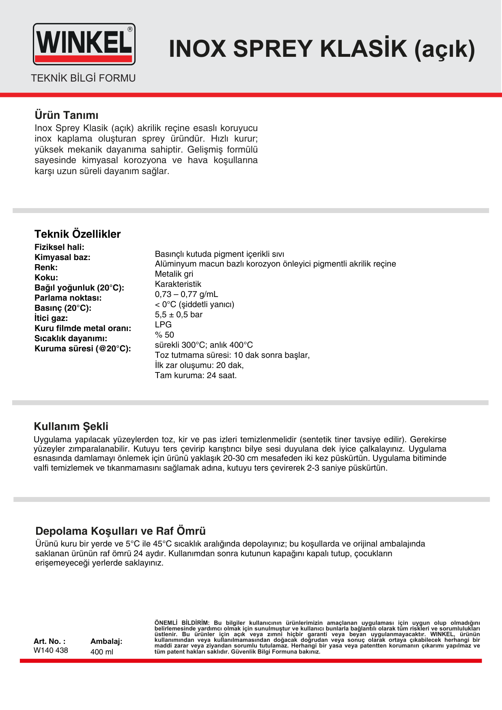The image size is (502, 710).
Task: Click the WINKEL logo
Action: click(x=84, y=44)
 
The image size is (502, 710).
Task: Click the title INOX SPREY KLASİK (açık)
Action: click(x=321, y=49)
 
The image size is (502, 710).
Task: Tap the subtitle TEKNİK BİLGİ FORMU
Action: click(x=83, y=78)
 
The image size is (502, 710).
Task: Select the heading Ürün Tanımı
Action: click(x=67, y=115)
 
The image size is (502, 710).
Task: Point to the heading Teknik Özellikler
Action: click(x=78, y=234)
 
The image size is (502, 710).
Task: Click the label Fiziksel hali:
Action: click(x=59, y=247)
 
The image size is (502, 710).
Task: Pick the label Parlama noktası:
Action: click(x=68, y=298)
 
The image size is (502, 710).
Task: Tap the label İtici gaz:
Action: click(x=51, y=318)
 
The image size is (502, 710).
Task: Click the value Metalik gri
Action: click(x=174, y=274)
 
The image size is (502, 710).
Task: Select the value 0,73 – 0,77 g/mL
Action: click(x=186, y=294)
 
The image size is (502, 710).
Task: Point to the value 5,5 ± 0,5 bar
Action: click(x=179, y=314)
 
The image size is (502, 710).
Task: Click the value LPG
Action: click(x=163, y=325)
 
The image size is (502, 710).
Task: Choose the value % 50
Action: click(x=164, y=335)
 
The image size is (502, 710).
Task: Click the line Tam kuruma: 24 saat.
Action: click(x=196, y=375)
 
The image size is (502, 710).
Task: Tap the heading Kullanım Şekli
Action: click(x=71, y=426)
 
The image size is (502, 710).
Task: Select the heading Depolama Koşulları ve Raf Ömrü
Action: click(x=121, y=531)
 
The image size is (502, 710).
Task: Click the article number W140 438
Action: click(x=51, y=650)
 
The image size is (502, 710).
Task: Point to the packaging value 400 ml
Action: click(x=102, y=652)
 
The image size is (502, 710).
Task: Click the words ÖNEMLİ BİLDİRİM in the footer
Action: click(x=181, y=623)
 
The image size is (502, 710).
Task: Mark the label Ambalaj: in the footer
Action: click(x=106, y=641)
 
